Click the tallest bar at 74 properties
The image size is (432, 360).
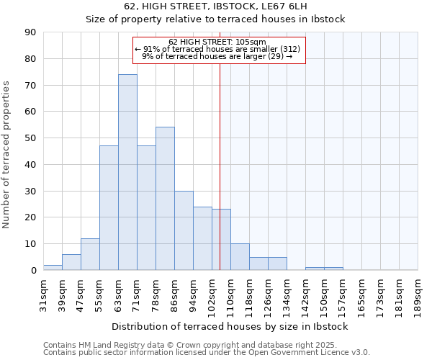tap(127, 172)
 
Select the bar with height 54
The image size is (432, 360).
tap(165, 199)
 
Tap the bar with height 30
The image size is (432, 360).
tap(184, 230)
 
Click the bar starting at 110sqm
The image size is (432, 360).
tap(240, 257)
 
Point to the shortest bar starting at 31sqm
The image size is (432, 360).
tap(53, 267)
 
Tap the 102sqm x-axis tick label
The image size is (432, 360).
tap(212, 295)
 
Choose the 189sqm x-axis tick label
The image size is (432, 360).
tap(418, 295)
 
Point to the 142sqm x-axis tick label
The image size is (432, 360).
tap(305, 295)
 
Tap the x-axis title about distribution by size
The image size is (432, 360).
tap(230, 326)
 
